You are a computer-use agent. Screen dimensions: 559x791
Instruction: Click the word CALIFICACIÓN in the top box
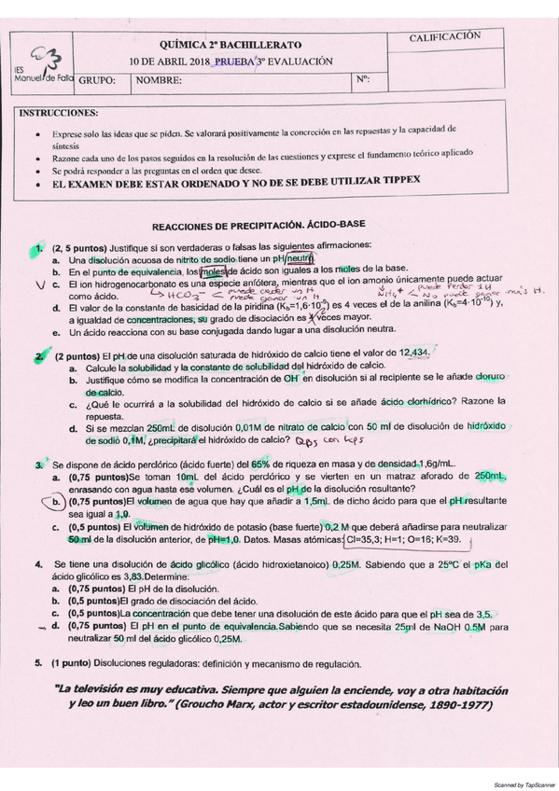[445, 36]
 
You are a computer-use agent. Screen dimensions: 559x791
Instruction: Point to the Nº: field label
[363, 79]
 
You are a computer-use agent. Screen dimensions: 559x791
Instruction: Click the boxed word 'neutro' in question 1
[300, 257]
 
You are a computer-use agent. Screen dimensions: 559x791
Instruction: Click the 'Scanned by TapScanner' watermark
[517, 783]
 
